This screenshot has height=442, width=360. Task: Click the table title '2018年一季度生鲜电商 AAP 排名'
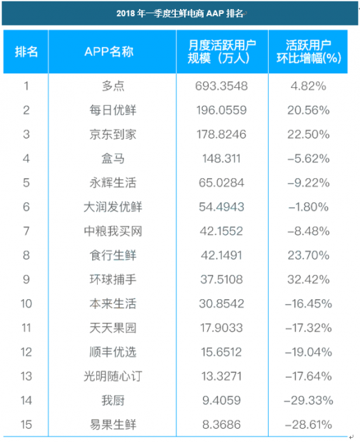click(180, 13)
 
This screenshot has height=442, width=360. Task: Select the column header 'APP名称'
click(109, 51)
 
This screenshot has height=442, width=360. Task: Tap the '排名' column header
click(26, 51)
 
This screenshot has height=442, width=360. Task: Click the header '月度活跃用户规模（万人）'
click(222, 51)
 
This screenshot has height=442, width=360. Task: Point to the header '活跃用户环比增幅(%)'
click(309, 51)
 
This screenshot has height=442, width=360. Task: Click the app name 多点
click(113, 86)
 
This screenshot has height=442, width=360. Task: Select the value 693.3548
click(222, 86)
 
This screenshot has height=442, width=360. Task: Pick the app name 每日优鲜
click(113, 110)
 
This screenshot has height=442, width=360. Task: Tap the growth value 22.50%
click(309, 134)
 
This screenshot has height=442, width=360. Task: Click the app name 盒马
click(113, 159)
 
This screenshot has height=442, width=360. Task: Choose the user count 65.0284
click(222, 183)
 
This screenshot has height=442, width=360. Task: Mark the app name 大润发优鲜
click(113, 207)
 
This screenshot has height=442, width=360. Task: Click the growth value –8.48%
click(309, 231)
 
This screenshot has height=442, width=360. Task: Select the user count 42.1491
click(222, 256)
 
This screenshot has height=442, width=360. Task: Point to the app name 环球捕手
click(113, 279)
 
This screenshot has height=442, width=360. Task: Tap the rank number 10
click(26, 304)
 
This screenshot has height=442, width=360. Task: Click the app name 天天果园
click(113, 328)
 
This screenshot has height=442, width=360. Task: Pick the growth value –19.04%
click(309, 352)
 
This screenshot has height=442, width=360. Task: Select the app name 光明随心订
click(113, 376)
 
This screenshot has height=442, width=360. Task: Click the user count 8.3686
click(222, 425)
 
